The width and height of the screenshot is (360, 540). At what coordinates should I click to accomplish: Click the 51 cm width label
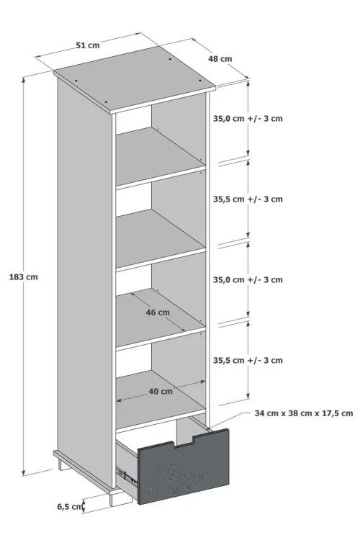pyautogui.click(x=88, y=45)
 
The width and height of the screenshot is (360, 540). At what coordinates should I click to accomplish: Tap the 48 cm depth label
pyautogui.click(x=220, y=59)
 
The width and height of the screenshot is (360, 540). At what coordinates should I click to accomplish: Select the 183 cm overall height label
pyautogui.click(x=24, y=277)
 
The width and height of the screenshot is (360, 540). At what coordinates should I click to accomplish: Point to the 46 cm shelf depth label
pyautogui.click(x=158, y=312)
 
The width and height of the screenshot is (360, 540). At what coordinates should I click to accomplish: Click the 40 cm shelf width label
pyautogui.click(x=161, y=392)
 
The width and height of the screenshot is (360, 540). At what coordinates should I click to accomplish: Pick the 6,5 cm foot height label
pyautogui.click(x=71, y=507)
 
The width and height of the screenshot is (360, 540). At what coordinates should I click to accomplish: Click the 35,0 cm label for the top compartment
pyautogui.click(x=248, y=119)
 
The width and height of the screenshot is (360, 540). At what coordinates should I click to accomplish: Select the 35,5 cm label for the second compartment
pyautogui.click(x=248, y=199)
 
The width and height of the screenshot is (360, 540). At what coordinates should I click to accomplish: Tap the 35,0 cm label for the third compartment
pyautogui.click(x=248, y=279)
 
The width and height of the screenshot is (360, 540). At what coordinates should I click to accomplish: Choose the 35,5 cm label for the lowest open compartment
pyautogui.click(x=248, y=360)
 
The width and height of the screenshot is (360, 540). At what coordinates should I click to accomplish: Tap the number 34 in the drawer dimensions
pyautogui.click(x=259, y=413)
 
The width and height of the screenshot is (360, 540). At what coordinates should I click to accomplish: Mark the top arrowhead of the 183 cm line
pyautogui.click(x=24, y=79)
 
